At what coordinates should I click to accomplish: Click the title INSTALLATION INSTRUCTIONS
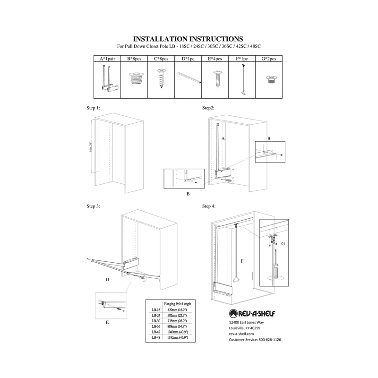tap(189, 38)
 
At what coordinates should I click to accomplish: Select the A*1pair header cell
tap(107, 59)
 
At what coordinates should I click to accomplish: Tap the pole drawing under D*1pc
tap(189, 77)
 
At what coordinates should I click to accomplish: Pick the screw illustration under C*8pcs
tap(161, 78)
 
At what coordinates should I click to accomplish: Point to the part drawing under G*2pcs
tap(269, 78)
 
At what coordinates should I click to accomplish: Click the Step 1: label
tap(94, 108)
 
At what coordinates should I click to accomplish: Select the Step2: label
tap(208, 108)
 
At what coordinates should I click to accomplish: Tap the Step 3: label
tap(94, 206)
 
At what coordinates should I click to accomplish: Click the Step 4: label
tap(209, 206)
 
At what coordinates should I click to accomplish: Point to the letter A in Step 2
tap(222, 138)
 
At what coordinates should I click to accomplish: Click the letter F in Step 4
tap(241, 260)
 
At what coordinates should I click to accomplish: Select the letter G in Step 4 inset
tap(283, 244)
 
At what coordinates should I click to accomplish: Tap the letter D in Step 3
tap(107, 280)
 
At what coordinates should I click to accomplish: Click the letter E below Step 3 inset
tap(107, 322)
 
